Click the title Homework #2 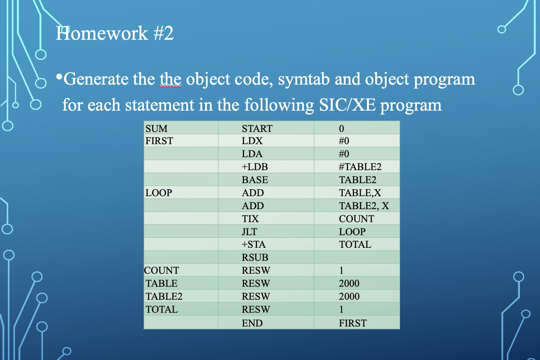click(x=114, y=33)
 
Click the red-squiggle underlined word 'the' click(x=170, y=79)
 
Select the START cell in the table click(x=257, y=128)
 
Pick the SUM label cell click(x=156, y=128)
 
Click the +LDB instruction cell click(x=255, y=167)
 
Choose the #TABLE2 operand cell click(x=360, y=167)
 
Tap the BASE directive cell click(x=255, y=180)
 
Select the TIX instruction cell click(x=250, y=219)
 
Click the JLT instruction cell click(x=250, y=232)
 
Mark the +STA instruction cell click(x=253, y=244)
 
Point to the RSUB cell click(x=255, y=257)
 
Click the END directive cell click(x=252, y=323)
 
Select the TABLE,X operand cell click(x=360, y=193)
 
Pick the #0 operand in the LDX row click(x=344, y=141)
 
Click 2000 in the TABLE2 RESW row click(x=349, y=296)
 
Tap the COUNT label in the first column click(x=162, y=270)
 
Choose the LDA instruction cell click(x=252, y=154)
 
